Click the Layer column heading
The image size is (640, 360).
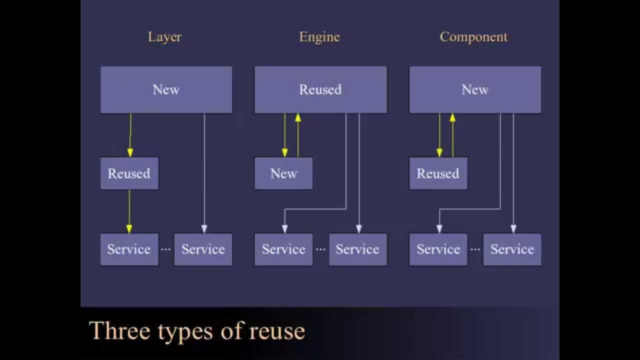pyautogui.click(x=164, y=37)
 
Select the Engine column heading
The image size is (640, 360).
pyautogui.click(x=319, y=37)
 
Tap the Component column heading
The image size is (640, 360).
pyautogui.click(x=473, y=37)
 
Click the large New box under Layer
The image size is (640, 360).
pyautogui.click(x=166, y=89)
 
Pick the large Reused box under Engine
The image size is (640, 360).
pyautogui.click(x=320, y=89)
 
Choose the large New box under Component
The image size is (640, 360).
pyautogui.click(x=475, y=89)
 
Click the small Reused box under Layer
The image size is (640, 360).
pyautogui.click(x=129, y=173)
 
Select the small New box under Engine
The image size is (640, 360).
pyautogui.click(x=283, y=173)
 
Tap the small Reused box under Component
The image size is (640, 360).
pyautogui.click(x=438, y=173)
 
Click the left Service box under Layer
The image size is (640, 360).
pyautogui.click(x=129, y=249)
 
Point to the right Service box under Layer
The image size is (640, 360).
pyautogui.click(x=203, y=249)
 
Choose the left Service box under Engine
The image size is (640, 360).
pyautogui.click(x=283, y=249)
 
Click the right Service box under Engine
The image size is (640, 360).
pyautogui.click(x=357, y=249)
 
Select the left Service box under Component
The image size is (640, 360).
pyautogui.click(x=438, y=249)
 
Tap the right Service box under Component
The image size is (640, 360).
pyautogui.click(x=512, y=249)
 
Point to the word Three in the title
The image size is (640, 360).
pyautogui.click(x=120, y=331)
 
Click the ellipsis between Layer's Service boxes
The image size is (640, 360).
pyautogui.click(x=166, y=249)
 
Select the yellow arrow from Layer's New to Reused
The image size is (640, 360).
pyautogui.click(x=130, y=135)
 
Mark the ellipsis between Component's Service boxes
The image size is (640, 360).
pyautogui.click(x=475, y=249)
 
